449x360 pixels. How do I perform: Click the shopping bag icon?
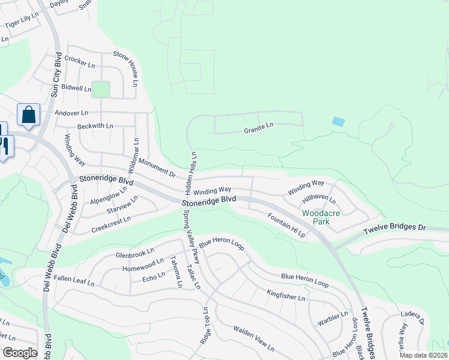tap(28, 114)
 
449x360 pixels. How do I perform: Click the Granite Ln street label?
tap(258, 130)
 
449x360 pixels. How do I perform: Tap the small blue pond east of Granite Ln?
tap(339, 121)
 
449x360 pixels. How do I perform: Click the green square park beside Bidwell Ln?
tap(101, 89)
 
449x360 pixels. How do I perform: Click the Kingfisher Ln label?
tap(286, 295)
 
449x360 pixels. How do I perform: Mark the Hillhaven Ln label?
tap(319, 200)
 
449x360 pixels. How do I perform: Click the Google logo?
tap(19, 353)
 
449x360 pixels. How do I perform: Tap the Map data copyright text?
tap(423, 355)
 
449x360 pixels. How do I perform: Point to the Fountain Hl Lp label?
tap(286, 226)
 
